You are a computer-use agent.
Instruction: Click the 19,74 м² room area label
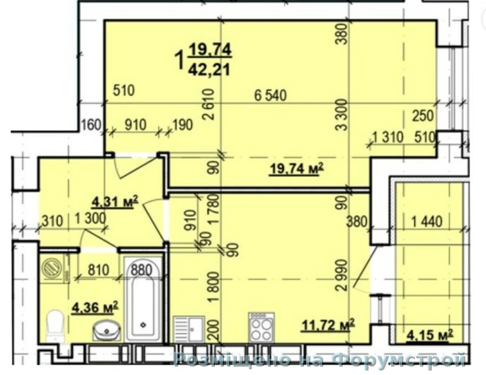(x=297, y=169)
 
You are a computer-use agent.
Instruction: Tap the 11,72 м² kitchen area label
(x=329, y=325)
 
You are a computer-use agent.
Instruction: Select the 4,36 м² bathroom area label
(x=95, y=307)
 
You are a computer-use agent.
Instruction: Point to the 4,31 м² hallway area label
(x=115, y=202)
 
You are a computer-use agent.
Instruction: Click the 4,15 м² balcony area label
(x=430, y=335)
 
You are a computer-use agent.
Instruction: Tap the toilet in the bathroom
(x=56, y=325)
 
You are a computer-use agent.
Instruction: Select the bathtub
(x=143, y=299)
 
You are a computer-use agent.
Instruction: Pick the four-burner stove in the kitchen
(x=262, y=327)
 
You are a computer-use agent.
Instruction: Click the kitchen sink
(x=188, y=329)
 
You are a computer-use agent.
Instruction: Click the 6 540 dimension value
(x=270, y=95)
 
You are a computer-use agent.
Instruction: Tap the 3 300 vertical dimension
(x=342, y=115)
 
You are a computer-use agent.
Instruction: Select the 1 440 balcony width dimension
(x=427, y=221)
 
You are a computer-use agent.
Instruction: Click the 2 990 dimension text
(x=342, y=275)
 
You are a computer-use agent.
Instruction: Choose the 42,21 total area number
(x=209, y=70)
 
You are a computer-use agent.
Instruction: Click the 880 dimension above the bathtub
(x=141, y=270)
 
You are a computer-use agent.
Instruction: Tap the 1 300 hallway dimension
(x=90, y=219)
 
